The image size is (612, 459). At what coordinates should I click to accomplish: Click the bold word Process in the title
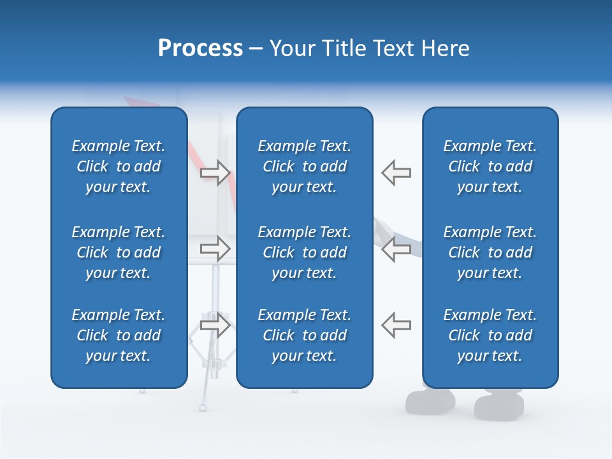(x=200, y=48)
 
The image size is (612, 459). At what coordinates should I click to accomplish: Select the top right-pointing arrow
(x=215, y=172)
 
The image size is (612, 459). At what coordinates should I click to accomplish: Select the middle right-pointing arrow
(x=215, y=249)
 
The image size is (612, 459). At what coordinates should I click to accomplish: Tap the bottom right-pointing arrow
(x=215, y=325)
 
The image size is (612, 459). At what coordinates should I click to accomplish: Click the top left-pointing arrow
(x=396, y=172)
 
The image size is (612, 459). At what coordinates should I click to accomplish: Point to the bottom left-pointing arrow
(x=396, y=325)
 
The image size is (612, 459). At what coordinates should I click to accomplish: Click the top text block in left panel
(x=119, y=166)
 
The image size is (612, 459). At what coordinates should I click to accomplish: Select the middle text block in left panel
(x=119, y=252)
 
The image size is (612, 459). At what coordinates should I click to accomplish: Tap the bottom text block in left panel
(x=119, y=335)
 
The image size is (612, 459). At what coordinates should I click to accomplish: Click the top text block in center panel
(x=304, y=166)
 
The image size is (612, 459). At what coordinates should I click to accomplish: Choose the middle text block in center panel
(x=304, y=252)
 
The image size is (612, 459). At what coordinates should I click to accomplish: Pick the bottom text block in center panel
(x=304, y=335)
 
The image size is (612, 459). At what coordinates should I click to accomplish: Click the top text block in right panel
(x=490, y=166)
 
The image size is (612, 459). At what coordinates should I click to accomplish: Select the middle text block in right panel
(x=490, y=252)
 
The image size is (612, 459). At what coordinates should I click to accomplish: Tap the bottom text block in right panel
(x=490, y=335)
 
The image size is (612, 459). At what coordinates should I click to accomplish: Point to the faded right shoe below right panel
(x=499, y=406)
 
